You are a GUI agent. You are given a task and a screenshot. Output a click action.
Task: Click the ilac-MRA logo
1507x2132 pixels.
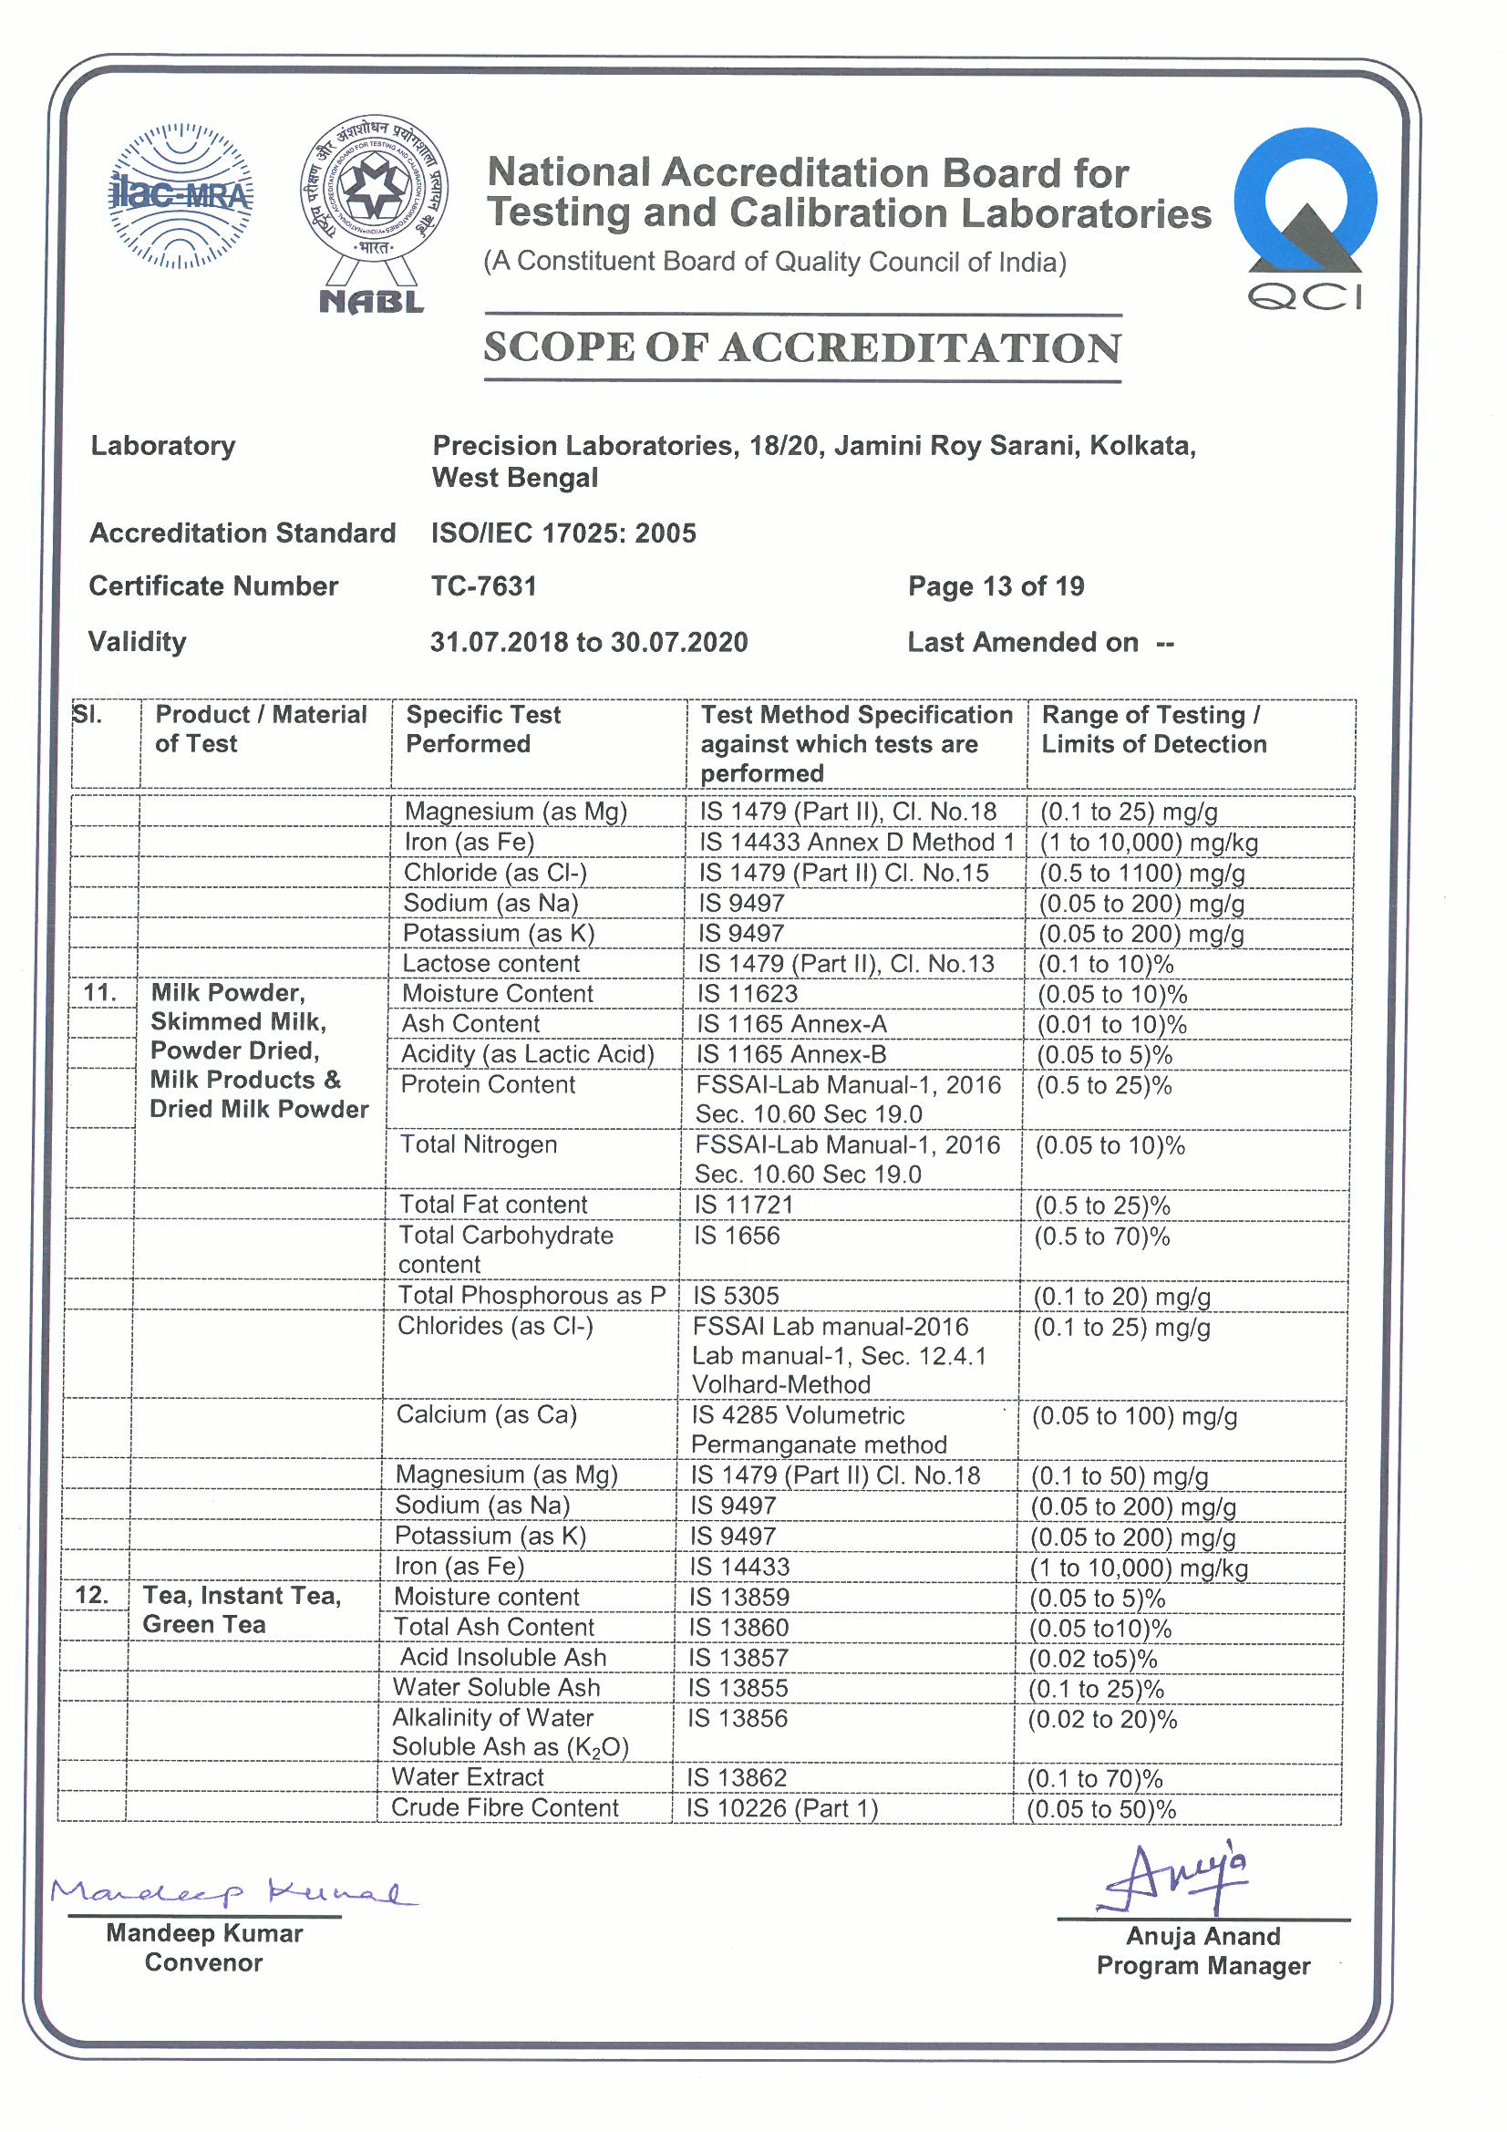tap(181, 196)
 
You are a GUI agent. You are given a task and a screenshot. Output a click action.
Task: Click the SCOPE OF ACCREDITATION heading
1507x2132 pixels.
tap(802, 348)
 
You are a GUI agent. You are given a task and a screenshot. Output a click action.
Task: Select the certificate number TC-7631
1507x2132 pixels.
tap(484, 586)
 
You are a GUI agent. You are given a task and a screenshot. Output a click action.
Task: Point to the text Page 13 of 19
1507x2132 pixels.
tap(996, 586)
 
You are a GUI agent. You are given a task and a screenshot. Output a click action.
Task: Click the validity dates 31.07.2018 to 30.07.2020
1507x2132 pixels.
tap(588, 642)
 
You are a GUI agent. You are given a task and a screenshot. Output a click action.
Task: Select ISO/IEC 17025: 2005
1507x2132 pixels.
tap(563, 533)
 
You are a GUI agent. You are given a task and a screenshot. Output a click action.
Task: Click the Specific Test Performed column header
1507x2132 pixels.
tap(483, 729)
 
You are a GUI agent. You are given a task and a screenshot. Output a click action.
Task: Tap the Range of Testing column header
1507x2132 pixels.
tap(1152, 729)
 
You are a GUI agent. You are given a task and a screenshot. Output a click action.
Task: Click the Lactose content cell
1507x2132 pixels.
tap(490, 963)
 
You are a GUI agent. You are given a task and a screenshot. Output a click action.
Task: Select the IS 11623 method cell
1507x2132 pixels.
tap(748, 994)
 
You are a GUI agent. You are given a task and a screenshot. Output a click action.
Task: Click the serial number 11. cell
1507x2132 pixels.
tap(99, 993)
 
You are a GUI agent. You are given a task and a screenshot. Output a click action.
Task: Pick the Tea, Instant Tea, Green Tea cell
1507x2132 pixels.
tap(242, 1609)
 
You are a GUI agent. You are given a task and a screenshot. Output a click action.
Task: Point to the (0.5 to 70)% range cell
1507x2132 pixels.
tap(1101, 1237)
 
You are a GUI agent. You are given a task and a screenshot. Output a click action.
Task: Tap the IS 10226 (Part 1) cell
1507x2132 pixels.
tap(782, 1808)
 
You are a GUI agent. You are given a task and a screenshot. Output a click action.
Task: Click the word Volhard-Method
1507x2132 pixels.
tap(781, 1384)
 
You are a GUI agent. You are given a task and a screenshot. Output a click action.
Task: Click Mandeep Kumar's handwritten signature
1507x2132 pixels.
tap(232, 1891)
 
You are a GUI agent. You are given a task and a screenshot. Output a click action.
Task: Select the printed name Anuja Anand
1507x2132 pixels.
tap(1203, 1936)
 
